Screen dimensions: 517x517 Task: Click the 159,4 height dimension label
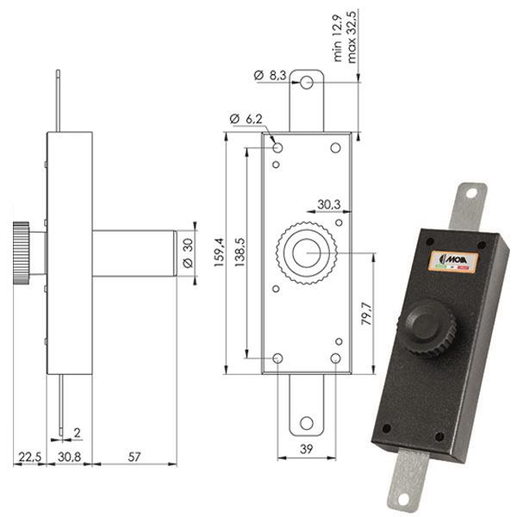tap(219, 252)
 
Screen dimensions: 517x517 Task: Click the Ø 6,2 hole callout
tap(246, 118)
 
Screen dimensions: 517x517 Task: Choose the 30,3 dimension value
tap(327, 204)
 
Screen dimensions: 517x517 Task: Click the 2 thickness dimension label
tap(77, 432)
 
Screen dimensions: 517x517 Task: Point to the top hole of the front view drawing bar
tap(308, 84)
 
